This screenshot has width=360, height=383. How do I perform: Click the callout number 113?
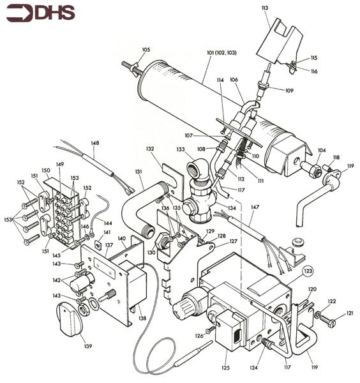click(265, 8)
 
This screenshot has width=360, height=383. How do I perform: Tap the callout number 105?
click(146, 49)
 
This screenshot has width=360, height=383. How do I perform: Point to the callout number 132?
click(150, 148)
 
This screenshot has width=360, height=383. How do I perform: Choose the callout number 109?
click(289, 91)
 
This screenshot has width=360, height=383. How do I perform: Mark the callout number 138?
click(142, 317)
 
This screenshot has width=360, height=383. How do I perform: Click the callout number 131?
click(138, 172)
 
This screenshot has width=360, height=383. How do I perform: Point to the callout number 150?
click(45, 170)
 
